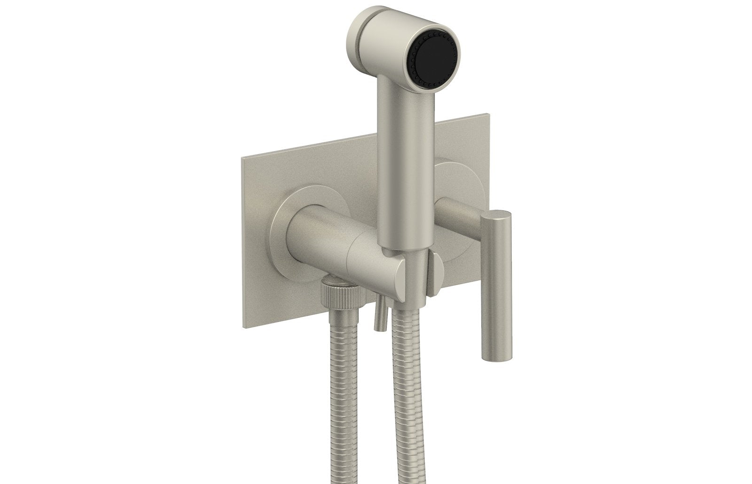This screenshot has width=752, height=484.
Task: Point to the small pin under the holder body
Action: (x=380, y=316)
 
